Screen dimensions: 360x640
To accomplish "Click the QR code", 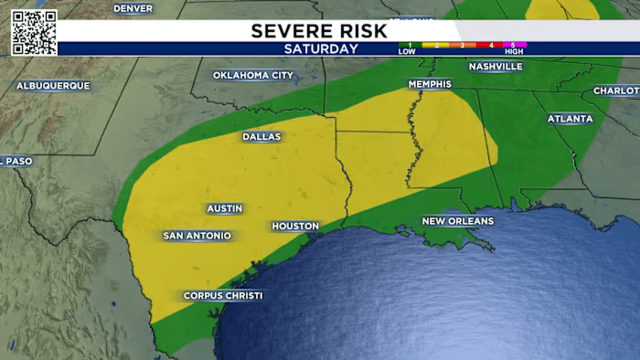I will pyautogui.click(x=34, y=32).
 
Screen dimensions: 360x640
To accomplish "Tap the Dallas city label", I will pyautogui.click(x=261, y=136).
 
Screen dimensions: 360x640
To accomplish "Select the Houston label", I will pyautogui.click(x=295, y=226).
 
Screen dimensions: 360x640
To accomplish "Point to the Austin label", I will pyautogui.click(x=224, y=208).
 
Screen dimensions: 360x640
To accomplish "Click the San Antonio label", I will pyautogui.click(x=197, y=235).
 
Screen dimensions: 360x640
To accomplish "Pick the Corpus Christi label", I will pyautogui.click(x=223, y=295).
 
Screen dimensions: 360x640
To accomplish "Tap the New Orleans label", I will pyautogui.click(x=457, y=221).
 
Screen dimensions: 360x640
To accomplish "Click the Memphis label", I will pyautogui.click(x=430, y=84).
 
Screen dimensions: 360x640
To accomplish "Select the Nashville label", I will pyautogui.click(x=495, y=66).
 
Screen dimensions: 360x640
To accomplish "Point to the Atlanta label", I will pyautogui.click(x=570, y=118).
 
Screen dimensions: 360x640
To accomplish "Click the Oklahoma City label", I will pyautogui.click(x=253, y=75).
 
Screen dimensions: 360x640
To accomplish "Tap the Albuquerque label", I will pyautogui.click(x=53, y=86).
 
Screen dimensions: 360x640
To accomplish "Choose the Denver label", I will pyautogui.click(x=133, y=8).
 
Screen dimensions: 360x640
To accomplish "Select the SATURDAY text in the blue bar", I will pyautogui.click(x=321, y=49).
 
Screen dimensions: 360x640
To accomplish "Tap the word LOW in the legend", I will pyautogui.click(x=406, y=51).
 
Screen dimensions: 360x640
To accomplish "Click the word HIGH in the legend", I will pyautogui.click(x=513, y=51).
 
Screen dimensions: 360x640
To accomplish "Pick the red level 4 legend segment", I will pyautogui.click(x=490, y=45).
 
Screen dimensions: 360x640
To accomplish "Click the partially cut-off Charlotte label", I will pyautogui.click(x=616, y=90).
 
